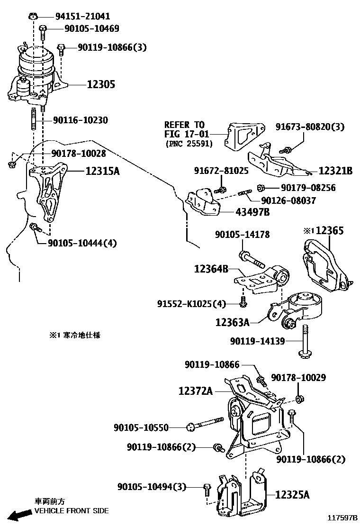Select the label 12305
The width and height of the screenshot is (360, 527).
pos(101,85)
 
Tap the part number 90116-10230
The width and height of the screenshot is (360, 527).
pos(80,120)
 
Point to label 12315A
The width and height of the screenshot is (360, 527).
pos(103,171)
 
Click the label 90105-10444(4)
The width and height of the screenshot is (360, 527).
pos(82,243)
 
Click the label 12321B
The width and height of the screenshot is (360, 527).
pos(335,171)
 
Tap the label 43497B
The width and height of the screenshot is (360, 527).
pos(252,212)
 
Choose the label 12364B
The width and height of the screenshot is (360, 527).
pos(211,269)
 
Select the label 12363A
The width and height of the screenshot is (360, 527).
pos(232,322)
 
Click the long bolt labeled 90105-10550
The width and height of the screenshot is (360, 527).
pos(206,424)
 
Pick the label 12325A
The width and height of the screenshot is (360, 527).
pos(292,495)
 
